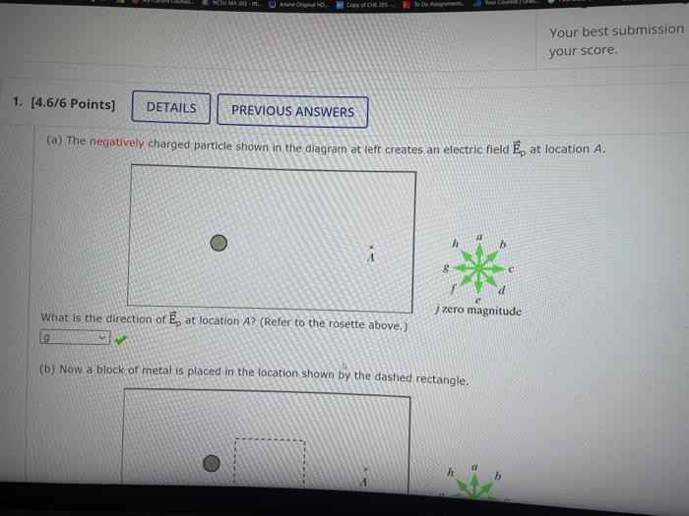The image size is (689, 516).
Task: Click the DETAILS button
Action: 171,108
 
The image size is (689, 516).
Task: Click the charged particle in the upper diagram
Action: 219,243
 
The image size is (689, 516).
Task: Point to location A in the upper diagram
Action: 371,254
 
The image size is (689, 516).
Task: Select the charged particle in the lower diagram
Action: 212,465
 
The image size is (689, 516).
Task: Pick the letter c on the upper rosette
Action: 513,266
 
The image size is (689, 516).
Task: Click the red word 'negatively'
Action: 116,143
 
